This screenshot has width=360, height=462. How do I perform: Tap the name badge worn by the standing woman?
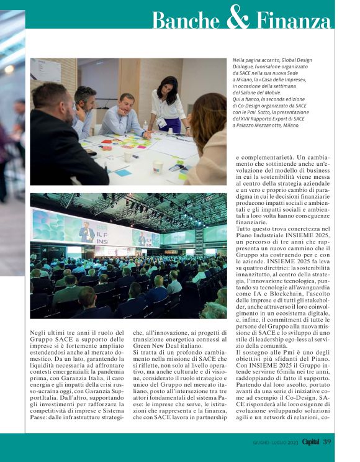163,122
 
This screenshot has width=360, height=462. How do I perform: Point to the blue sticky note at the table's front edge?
123,173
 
